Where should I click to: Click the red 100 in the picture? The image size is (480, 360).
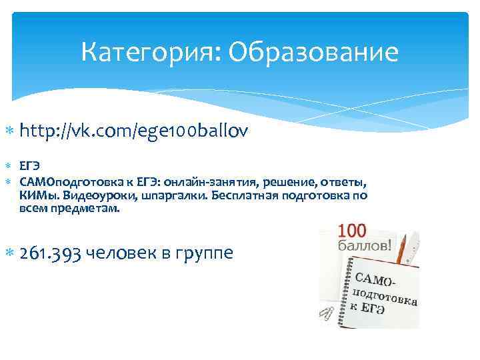coord(352,231)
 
